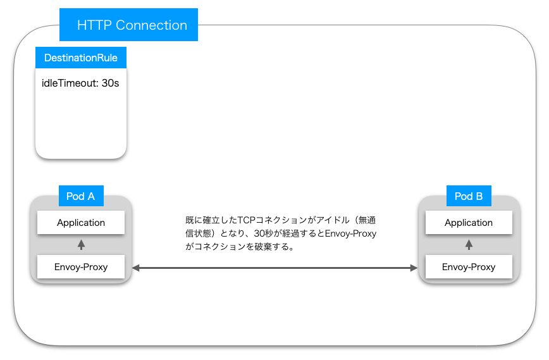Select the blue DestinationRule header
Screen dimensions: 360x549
pos(81,58)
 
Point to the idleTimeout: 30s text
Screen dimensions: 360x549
pos(80,83)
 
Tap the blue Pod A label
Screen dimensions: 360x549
pos(80,196)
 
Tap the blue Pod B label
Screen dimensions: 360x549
pos(469,196)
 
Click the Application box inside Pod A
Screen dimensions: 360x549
pos(81,223)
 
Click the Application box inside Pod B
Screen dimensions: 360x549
pos(469,223)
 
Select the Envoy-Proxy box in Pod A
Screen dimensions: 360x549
pos(81,266)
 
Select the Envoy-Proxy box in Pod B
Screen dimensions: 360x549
pos(469,266)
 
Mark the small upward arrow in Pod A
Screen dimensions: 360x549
pos(81,244)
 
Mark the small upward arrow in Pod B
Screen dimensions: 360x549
pos(469,244)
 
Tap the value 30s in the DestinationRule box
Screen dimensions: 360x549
pos(110,83)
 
